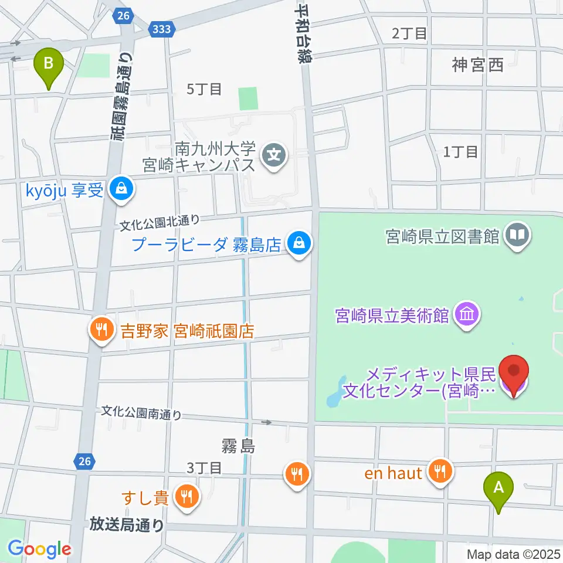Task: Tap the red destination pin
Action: (514, 373)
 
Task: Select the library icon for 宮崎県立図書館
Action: (518, 236)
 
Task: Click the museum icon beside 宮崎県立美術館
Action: (469, 316)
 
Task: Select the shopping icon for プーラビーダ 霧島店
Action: (299, 243)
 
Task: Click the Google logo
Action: (39, 549)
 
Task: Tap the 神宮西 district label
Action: (477, 65)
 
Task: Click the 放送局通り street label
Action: (127, 524)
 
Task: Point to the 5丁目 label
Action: (204, 89)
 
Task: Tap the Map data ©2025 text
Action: (513, 554)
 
